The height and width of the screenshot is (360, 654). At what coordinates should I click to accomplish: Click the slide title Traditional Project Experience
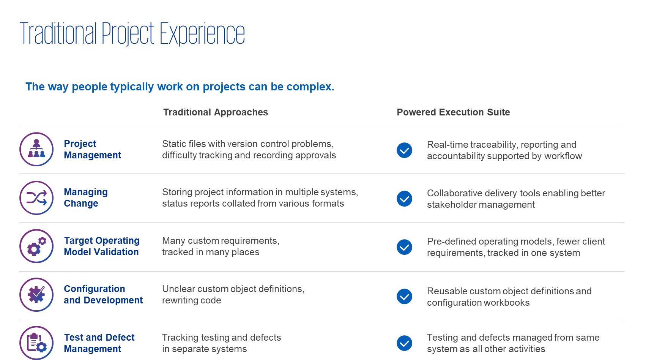pyautogui.click(x=132, y=33)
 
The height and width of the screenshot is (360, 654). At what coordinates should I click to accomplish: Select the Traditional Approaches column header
pyautogui.click(x=216, y=112)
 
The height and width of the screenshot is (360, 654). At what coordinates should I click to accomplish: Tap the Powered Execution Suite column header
pyautogui.click(x=453, y=112)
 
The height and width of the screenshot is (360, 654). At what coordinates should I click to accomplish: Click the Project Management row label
pyautogui.click(x=93, y=149)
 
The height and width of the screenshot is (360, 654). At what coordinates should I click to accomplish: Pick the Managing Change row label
pyautogui.click(x=86, y=197)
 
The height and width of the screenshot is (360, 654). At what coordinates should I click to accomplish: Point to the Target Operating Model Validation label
pyautogui.click(x=102, y=246)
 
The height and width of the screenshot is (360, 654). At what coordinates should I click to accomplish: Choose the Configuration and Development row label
pyautogui.click(x=103, y=294)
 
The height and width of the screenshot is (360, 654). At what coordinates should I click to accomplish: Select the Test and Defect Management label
pyautogui.click(x=99, y=343)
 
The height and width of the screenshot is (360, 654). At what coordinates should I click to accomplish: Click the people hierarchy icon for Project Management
pyautogui.click(x=36, y=149)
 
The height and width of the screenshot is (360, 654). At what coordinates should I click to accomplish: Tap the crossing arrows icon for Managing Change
pyautogui.click(x=36, y=198)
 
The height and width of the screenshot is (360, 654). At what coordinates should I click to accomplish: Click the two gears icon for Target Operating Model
pyautogui.click(x=36, y=246)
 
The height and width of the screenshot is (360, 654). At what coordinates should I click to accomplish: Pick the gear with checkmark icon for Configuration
pyautogui.click(x=36, y=295)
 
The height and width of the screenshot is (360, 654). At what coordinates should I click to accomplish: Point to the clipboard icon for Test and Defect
pyautogui.click(x=36, y=343)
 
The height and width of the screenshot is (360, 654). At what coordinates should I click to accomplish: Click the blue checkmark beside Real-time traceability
pyautogui.click(x=405, y=150)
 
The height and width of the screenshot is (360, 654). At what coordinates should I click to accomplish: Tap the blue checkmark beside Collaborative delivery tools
pyautogui.click(x=405, y=199)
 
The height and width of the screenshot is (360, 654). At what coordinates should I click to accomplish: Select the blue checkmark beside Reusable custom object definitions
pyautogui.click(x=405, y=297)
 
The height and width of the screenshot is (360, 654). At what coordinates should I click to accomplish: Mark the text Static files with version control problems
pyautogui.click(x=248, y=144)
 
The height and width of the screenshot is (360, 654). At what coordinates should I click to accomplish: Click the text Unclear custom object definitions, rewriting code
pyautogui.click(x=233, y=295)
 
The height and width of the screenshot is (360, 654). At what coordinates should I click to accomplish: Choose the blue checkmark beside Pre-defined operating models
pyautogui.click(x=405, y=247)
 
